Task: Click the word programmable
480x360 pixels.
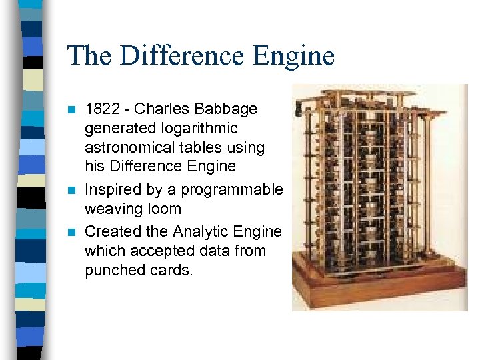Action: (232, 189)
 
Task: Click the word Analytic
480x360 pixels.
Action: (199, 231)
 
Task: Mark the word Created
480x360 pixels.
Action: (111, 231)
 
